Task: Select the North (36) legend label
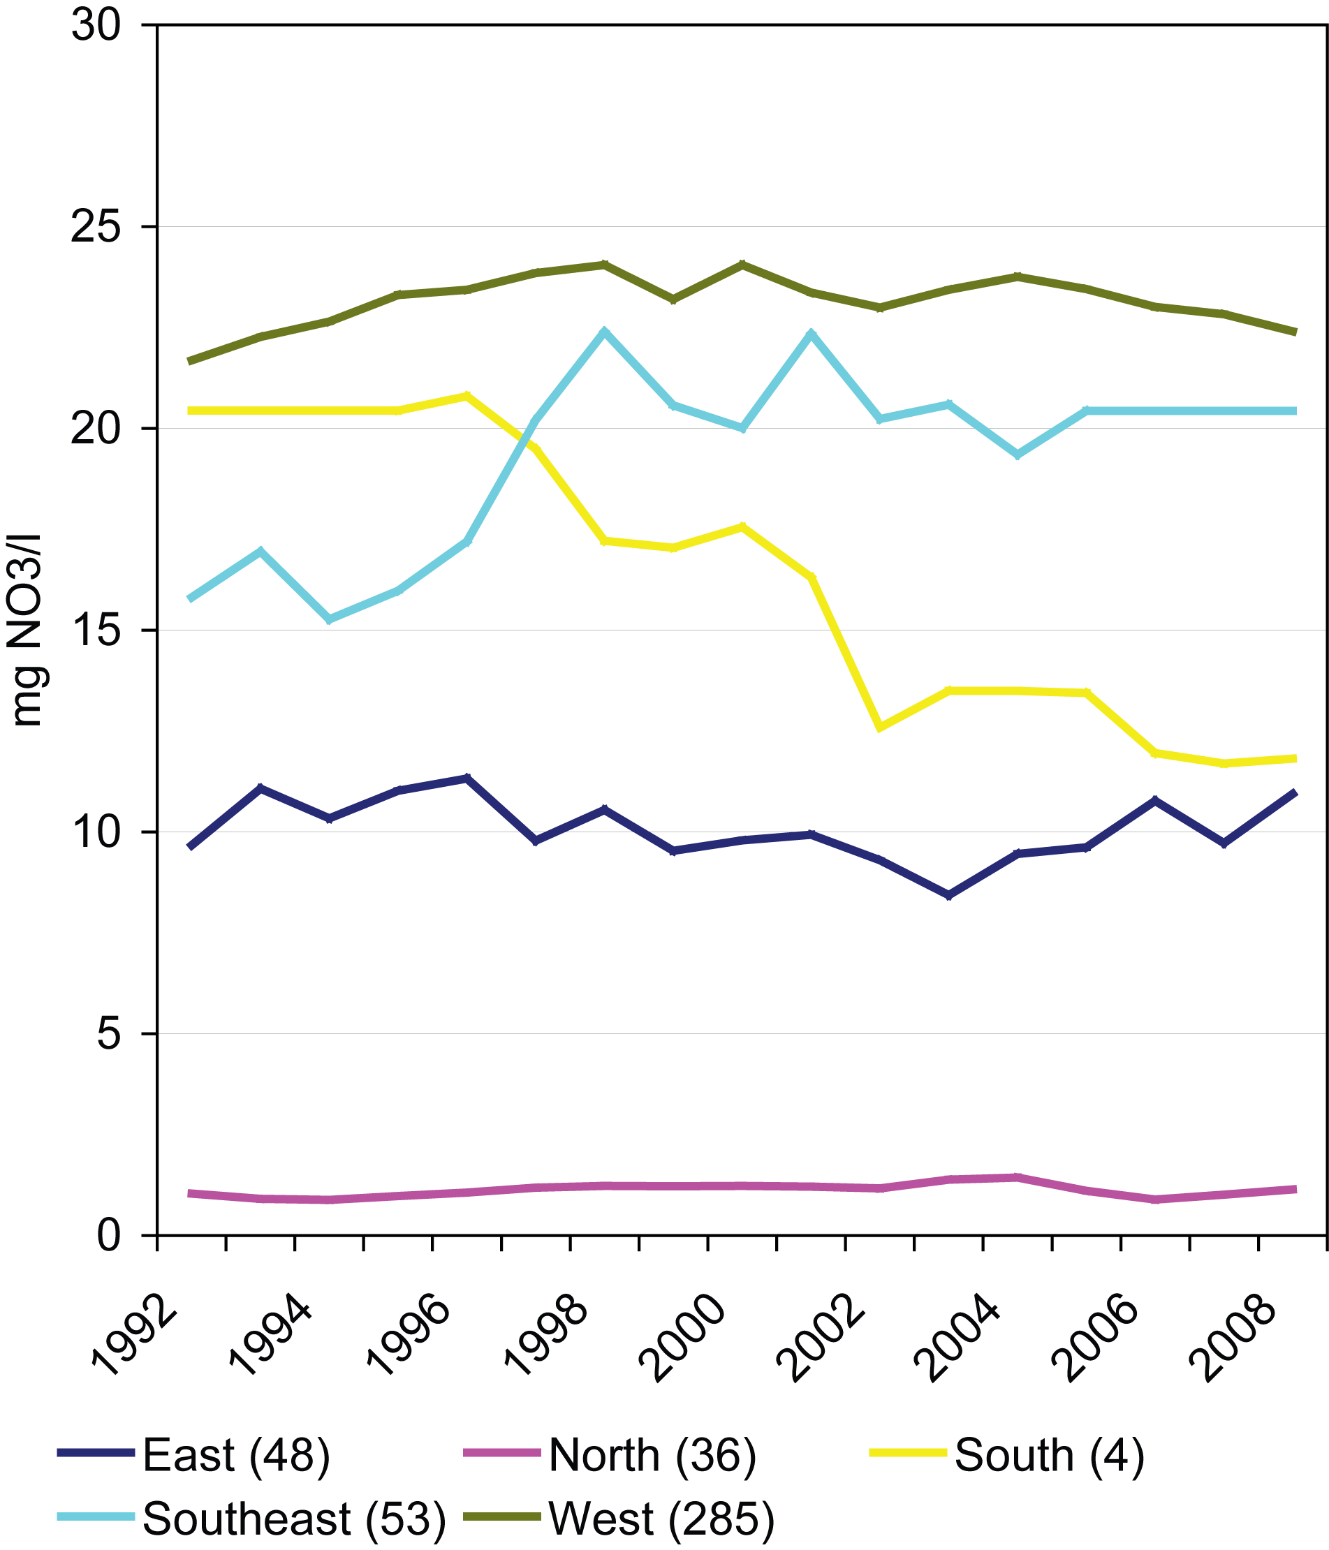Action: [x=652, y=1456]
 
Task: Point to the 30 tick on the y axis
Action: [x=96, y=25]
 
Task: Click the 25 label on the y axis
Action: [x=96, y=227]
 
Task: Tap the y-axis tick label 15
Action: [x=96, y=630]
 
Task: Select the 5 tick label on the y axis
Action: [x=108, y=1033]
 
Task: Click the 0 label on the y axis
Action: [x=108, y=1236]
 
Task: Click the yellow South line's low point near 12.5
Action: [x=880, y=727]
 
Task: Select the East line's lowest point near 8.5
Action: [x=949, y=895]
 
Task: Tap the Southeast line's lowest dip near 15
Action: [x=329, y=619]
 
